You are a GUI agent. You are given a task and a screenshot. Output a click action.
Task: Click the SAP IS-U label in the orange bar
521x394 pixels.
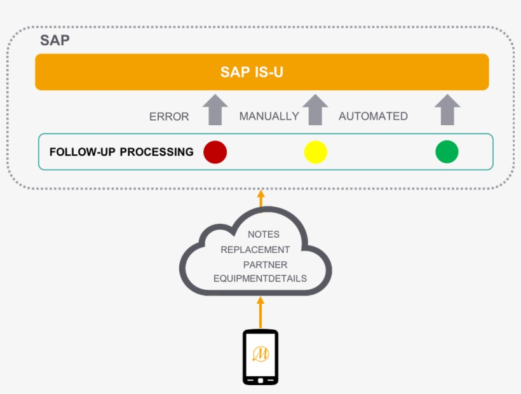click(x=252, y=72)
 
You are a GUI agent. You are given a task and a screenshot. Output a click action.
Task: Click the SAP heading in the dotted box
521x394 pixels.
click(x=55, y=40)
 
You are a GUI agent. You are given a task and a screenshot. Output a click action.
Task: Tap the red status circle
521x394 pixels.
click(x=215, y=152)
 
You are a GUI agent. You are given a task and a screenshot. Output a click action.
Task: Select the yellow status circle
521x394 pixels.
click(x=315, y=153)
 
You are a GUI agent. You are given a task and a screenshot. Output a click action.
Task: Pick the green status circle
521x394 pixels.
click(x=447, y=152)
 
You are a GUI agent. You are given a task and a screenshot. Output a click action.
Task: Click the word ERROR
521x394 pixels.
click(x=169, y=117)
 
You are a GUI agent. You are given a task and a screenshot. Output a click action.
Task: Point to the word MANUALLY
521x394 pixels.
click(x=269, y=116)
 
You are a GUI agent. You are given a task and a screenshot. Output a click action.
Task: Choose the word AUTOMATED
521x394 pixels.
click(x=373, y=116)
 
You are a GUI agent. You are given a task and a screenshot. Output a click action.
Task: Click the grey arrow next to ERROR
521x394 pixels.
click(x=215, y=110)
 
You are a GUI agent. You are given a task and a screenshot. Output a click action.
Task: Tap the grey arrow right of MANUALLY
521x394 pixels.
click(x=315, y=110)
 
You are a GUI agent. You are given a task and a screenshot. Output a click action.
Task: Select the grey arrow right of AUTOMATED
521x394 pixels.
click(x=447, y=110)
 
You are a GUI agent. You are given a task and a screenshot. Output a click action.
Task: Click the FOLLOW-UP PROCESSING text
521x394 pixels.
click(x=121, y=152)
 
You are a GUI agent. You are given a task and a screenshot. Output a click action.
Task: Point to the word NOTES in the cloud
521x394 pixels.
click(x=264, y=234)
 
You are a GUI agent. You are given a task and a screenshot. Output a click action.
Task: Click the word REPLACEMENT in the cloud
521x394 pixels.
click(x=255, y=250)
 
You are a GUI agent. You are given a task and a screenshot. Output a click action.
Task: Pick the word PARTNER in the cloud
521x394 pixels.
click(x=265, y=264)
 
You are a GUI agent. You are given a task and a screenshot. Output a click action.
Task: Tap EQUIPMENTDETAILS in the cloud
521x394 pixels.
click(x=260, y=278)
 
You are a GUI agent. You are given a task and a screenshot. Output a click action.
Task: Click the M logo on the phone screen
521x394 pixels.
click(x=260, y=354)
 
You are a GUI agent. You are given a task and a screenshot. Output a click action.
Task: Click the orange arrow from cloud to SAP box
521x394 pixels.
click(x=260, y=198)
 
